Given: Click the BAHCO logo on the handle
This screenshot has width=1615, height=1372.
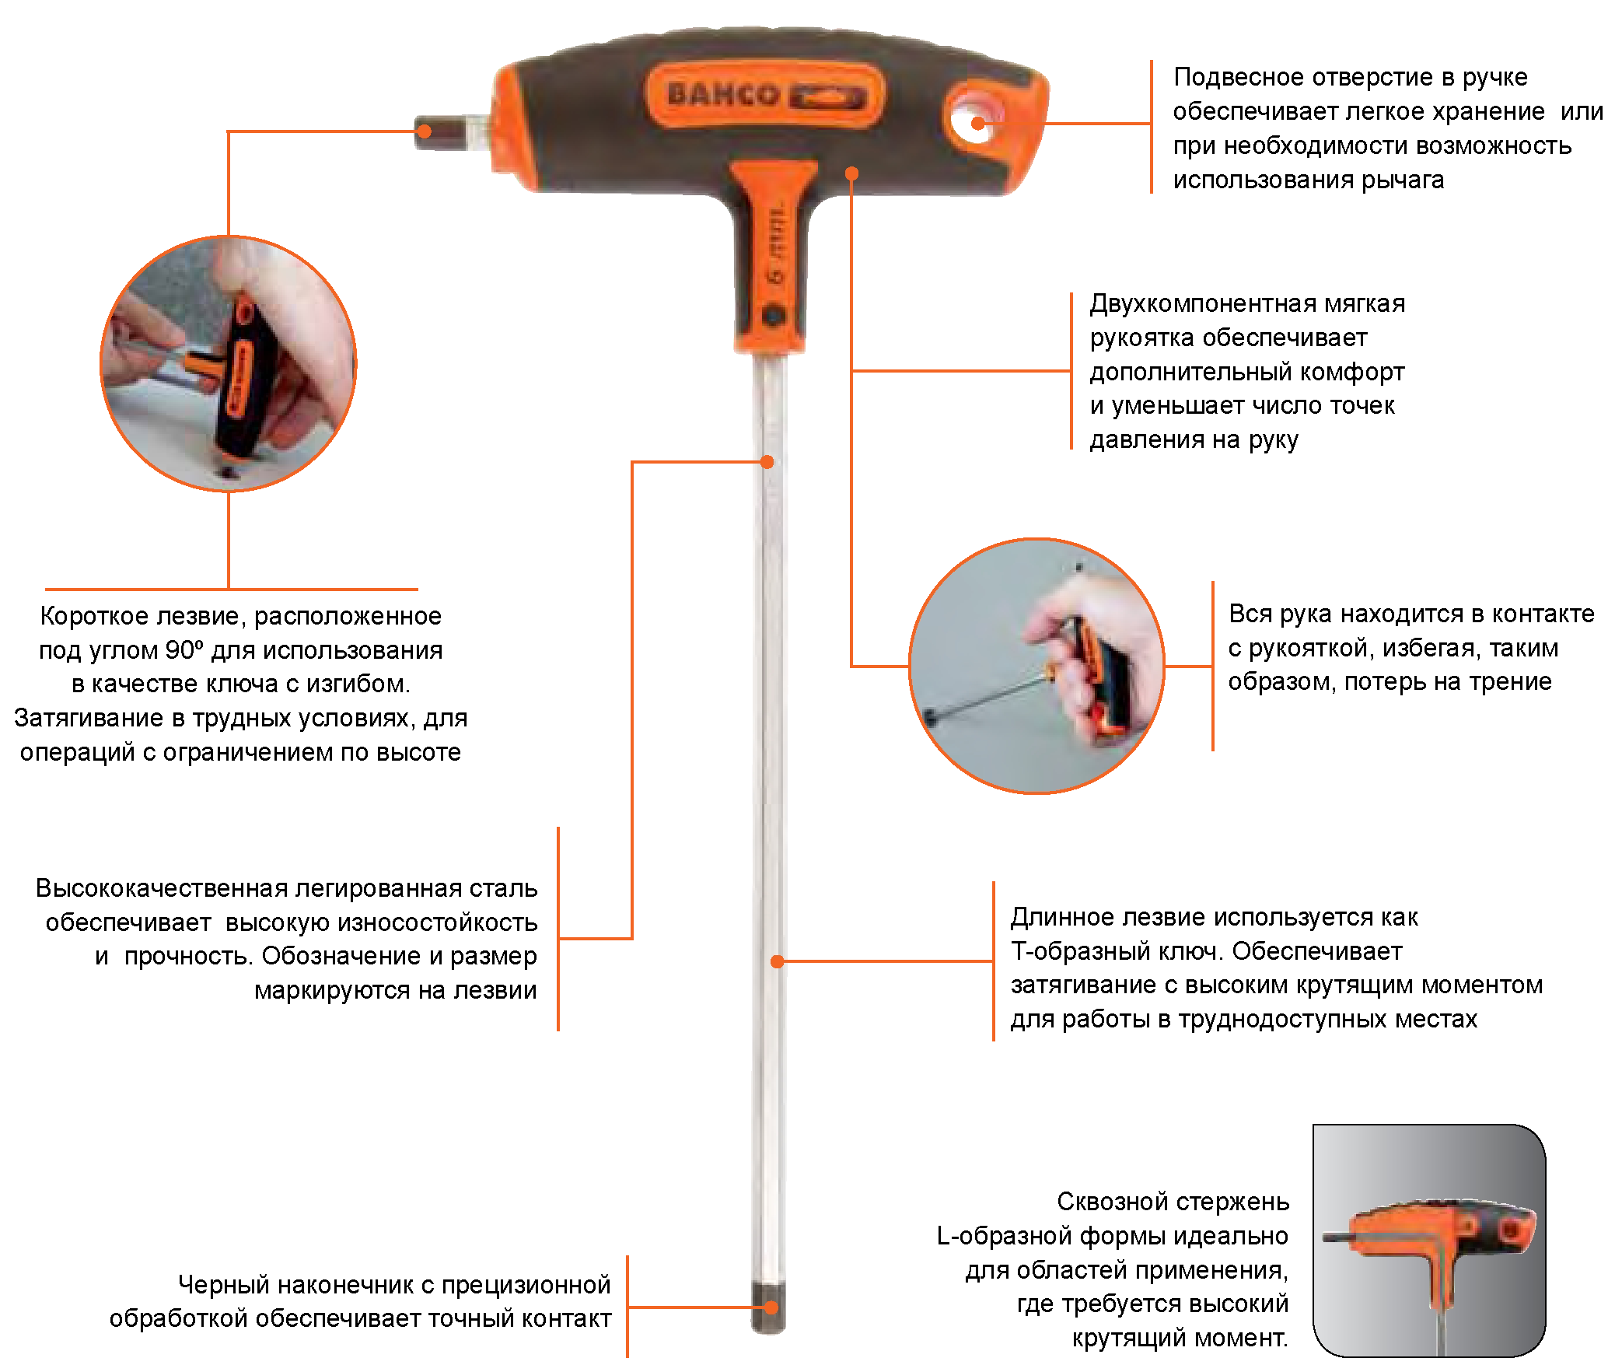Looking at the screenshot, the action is pyautogui.click(x=765, y=96).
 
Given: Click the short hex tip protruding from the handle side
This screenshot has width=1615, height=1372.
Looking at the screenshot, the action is pyautogui.click(x=451, y=131).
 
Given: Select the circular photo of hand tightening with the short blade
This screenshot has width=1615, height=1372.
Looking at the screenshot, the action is pyautogui.click(x=229, y=364).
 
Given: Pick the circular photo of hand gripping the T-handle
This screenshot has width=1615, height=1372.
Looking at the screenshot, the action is pyautogui.click(x=1037, y=666).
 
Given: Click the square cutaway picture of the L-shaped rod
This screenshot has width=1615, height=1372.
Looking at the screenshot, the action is pyautogui.click(x=1429, y=1240).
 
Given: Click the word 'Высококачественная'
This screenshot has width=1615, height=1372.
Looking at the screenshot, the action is pyautogui.click(x=162, y=888).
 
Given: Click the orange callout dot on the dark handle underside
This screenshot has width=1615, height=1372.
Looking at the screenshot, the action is pyautogui.click(x=852, y=173).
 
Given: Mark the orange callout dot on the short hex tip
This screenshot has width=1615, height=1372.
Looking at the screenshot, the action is pyautogui.click(x=424, y=131).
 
